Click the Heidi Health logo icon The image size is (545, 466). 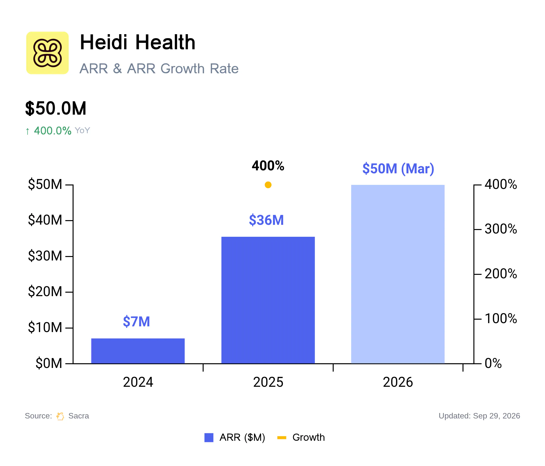point(47,53)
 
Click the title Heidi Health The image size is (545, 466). point(137,42)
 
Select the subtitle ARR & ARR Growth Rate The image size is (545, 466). point(159,69)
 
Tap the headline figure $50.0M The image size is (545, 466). point(56,108)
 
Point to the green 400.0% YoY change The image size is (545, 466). point(53,131)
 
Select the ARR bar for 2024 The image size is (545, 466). point(138,351)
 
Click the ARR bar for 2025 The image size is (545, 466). point(268,300)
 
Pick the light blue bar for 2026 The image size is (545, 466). point(398,274)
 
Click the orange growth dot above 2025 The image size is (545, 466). point(268,185)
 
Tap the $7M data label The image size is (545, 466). point(136,321)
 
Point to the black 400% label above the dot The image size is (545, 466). point(268,166)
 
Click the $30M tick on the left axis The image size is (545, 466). point(45,256)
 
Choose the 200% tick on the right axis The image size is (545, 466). point(501,274)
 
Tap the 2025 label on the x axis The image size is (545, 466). point(268,382)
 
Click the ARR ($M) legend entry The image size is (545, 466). point(235,438)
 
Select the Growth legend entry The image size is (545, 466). point(301,438)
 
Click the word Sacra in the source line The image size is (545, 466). point(79,416)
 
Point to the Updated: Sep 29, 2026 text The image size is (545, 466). point(479,416)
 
